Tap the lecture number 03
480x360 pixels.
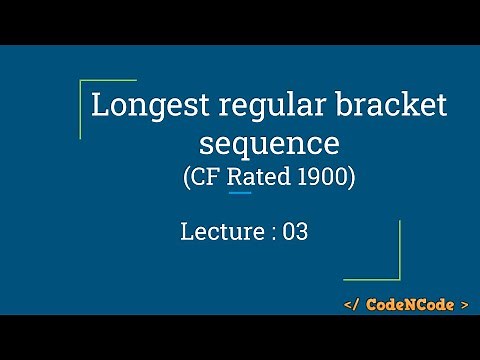[x=294, y=233]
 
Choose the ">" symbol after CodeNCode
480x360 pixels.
[x=464, y=303]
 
